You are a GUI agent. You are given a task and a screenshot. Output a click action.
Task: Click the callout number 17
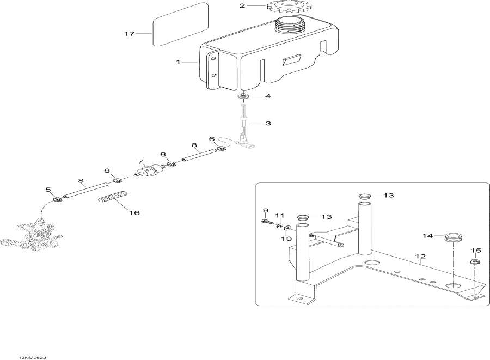tap(130, 33)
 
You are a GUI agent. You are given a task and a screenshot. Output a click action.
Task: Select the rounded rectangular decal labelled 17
tap(180, 24)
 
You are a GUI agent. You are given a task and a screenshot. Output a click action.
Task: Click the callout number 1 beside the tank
tap(178, 62)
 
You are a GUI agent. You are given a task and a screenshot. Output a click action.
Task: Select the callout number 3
tap(268, 124)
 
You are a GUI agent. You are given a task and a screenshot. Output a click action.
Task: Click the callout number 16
tap(134, 213)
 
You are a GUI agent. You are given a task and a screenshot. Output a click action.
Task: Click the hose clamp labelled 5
tap(57, 199)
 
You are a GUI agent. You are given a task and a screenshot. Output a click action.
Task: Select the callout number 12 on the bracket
tap(421, 257)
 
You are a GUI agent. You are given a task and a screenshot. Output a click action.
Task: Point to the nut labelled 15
tap(474, 261)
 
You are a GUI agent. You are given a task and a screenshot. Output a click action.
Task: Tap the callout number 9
tap(265, 210)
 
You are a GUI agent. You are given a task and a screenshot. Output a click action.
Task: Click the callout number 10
tap(286, 239)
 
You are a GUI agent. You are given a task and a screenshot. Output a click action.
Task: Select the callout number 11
tap(280, 216)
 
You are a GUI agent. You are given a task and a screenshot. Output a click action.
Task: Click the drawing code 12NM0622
tap(32, 357)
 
